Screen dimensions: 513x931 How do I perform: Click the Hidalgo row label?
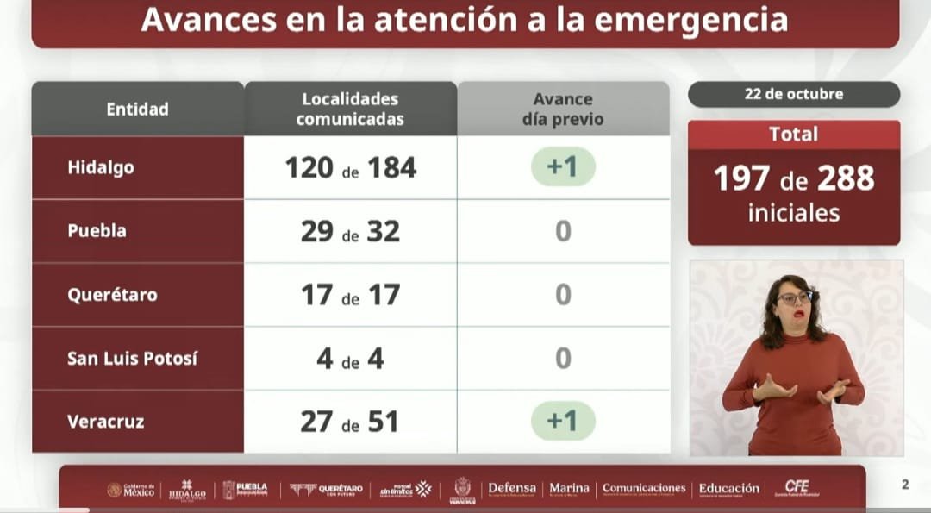point(101,167)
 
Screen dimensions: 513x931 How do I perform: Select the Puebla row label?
point(97,231)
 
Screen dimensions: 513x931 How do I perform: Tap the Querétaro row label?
point(112,295)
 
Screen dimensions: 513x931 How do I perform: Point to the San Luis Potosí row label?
point(132,358)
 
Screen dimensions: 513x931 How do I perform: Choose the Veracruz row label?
point(105,422)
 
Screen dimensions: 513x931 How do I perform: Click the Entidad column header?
point(137,109)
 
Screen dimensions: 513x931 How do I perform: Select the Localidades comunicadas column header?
point(350,109)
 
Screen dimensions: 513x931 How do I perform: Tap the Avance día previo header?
point(563,109)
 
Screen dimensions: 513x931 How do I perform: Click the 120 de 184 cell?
point(350,167)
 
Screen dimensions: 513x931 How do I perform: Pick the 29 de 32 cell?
point(350,231)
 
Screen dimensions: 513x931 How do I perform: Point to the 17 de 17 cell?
point(350,295)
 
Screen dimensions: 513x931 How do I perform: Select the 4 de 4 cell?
point(350,358)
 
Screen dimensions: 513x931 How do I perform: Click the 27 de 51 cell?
point(350,422)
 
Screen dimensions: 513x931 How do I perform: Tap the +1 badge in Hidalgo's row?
point(563,167)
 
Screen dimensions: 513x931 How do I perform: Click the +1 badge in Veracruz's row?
point(563,421)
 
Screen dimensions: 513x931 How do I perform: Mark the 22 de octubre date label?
point(793,94)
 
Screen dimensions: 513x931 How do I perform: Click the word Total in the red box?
point(793,135)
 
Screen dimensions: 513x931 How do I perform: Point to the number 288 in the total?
point(846,178)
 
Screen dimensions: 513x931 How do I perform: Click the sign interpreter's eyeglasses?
point(795,298)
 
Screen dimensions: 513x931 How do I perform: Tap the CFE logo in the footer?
point(797,488)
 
